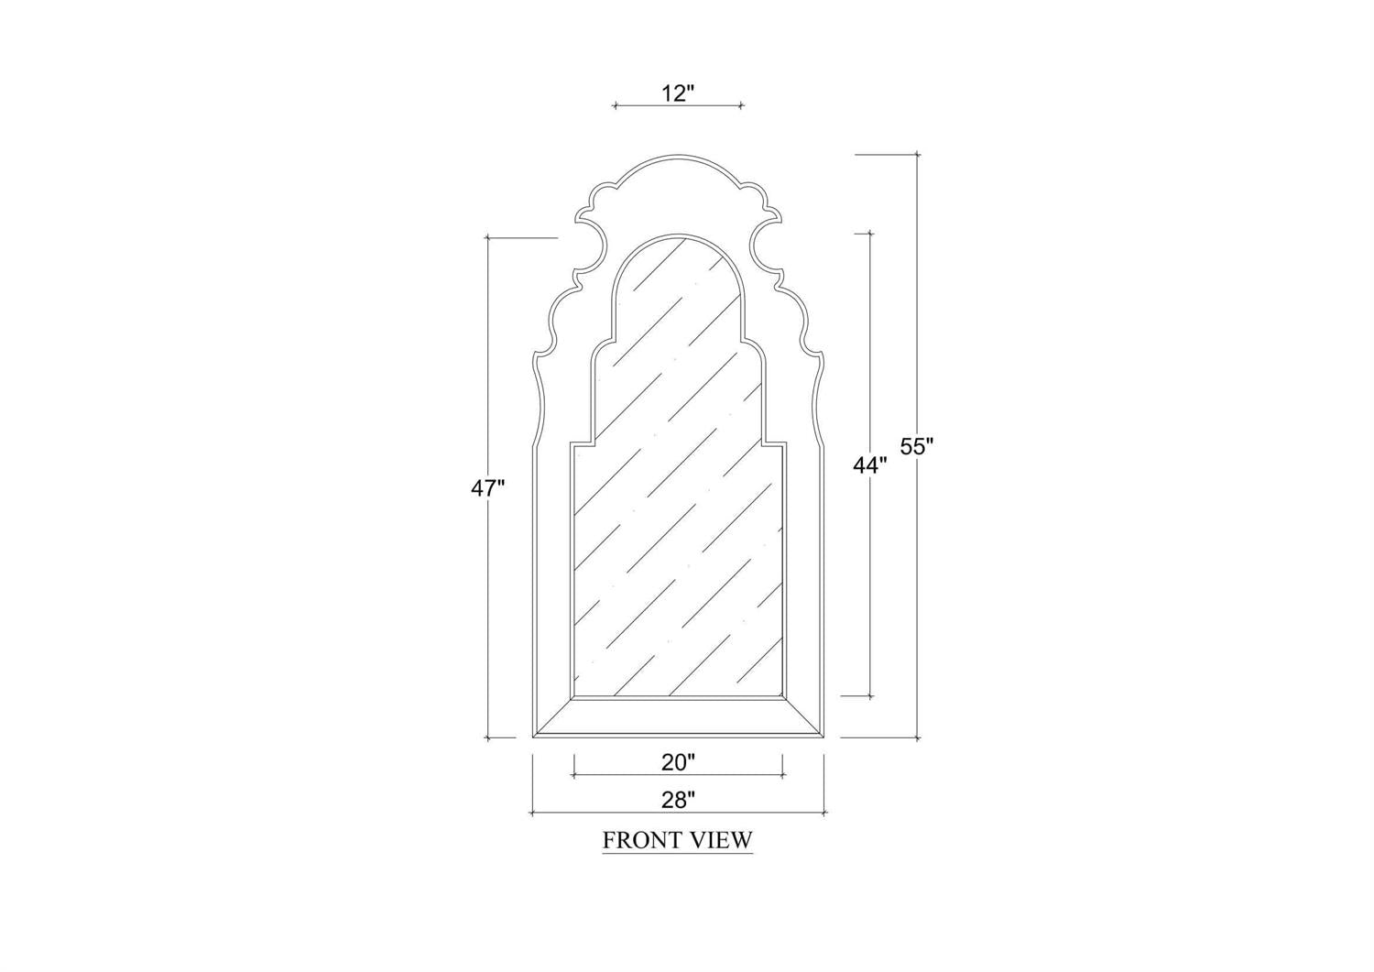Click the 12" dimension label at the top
pos(677,93)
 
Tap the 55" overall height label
pos(916,446)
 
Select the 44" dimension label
pos(870,465)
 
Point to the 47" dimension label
pos(487,488)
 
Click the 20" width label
pos(678,762)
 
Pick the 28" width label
pos(678,800)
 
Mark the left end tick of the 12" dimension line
pos(615,106)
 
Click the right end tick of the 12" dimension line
pos(741,106)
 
